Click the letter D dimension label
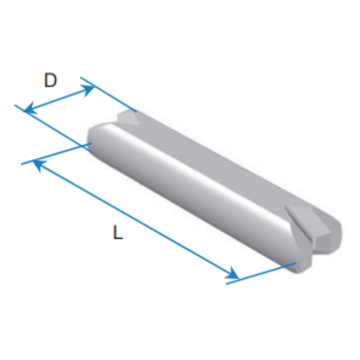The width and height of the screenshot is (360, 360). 50,80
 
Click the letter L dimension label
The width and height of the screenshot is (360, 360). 118,232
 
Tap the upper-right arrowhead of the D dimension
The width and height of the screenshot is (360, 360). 89,90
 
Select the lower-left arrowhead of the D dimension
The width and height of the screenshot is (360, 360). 31,108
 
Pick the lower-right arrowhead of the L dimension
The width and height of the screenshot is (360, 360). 232,274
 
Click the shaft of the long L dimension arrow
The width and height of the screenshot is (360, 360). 136,220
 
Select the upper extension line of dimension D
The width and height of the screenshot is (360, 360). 109,95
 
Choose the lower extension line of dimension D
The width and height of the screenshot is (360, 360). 53,128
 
